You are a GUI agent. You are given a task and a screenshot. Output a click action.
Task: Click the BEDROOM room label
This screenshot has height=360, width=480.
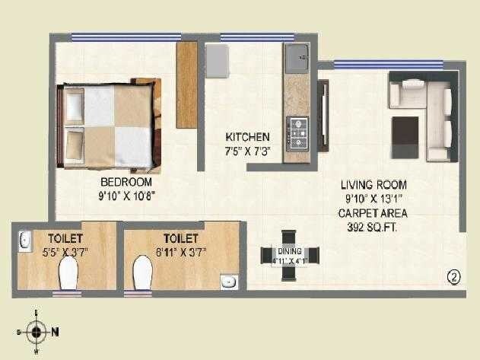(x=126, y=183)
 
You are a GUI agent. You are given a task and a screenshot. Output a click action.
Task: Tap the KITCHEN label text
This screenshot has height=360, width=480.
(x=247, y=137)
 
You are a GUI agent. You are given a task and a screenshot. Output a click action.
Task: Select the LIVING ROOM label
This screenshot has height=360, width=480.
(x=374, y=185)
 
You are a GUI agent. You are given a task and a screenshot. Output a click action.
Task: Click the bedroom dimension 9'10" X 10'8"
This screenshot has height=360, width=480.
(x=126, y=196)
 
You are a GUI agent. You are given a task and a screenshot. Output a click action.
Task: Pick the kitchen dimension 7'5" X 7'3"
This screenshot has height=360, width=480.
(x=247, y=151)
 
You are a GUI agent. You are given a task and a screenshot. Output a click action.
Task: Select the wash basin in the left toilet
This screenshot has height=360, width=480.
(x=24, y=241)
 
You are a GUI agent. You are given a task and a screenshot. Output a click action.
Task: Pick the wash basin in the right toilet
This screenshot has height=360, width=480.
(x=227, y=282)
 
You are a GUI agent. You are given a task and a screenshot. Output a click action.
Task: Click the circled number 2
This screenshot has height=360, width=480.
(x=454, y=276)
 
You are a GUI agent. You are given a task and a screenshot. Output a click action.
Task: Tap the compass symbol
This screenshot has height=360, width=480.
(x=35, y=330)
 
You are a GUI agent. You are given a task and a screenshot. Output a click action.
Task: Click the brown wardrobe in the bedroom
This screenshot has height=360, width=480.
(x=187, y=84)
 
